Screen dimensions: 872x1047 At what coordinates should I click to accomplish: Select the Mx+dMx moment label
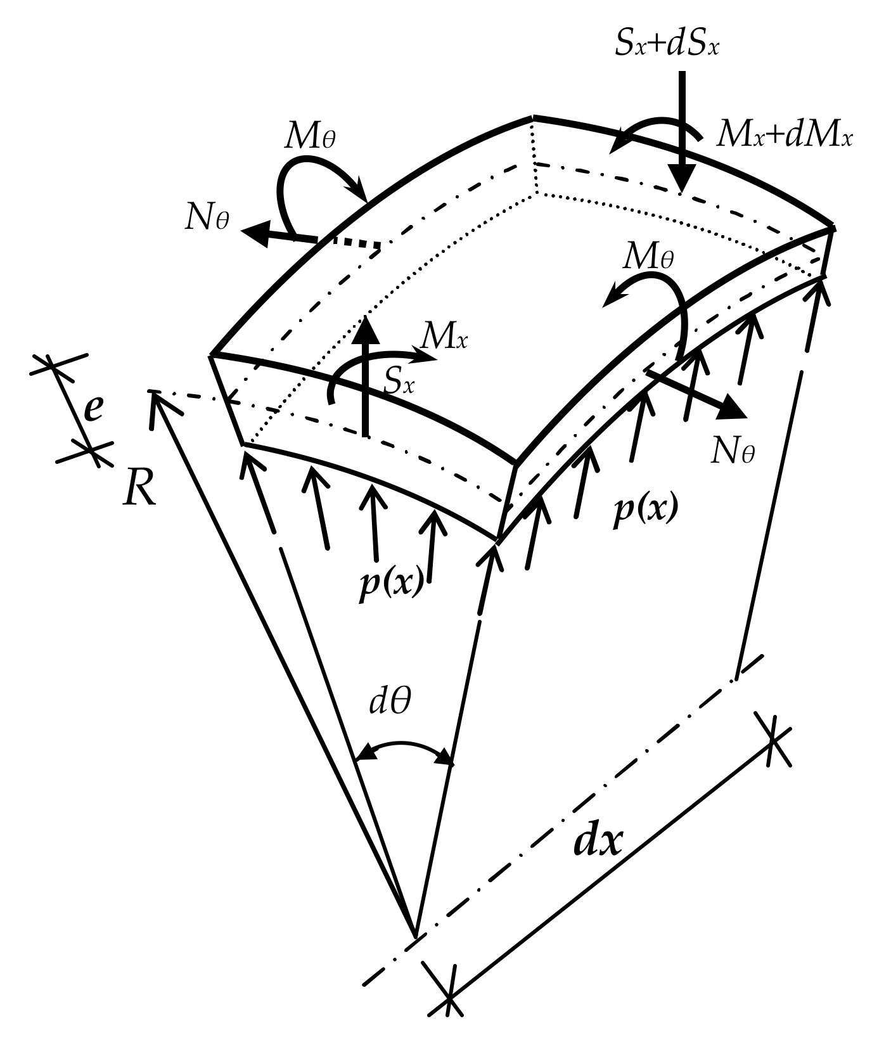pyautogui.click(x=785, y=136)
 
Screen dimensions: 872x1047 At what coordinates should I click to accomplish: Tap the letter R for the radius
pyautogui.click(x=139, y=489)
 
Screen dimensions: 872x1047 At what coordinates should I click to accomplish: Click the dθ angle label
pyautogui.click(x=390, y=702)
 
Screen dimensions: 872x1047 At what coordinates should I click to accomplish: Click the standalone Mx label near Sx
pyautogui.click(x=444, y=340)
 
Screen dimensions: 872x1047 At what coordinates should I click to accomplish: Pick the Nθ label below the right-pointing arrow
pyautogui.click(x=733, y=452)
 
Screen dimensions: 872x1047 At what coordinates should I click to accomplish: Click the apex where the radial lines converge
pyautogui.click(x=414, y=935)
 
